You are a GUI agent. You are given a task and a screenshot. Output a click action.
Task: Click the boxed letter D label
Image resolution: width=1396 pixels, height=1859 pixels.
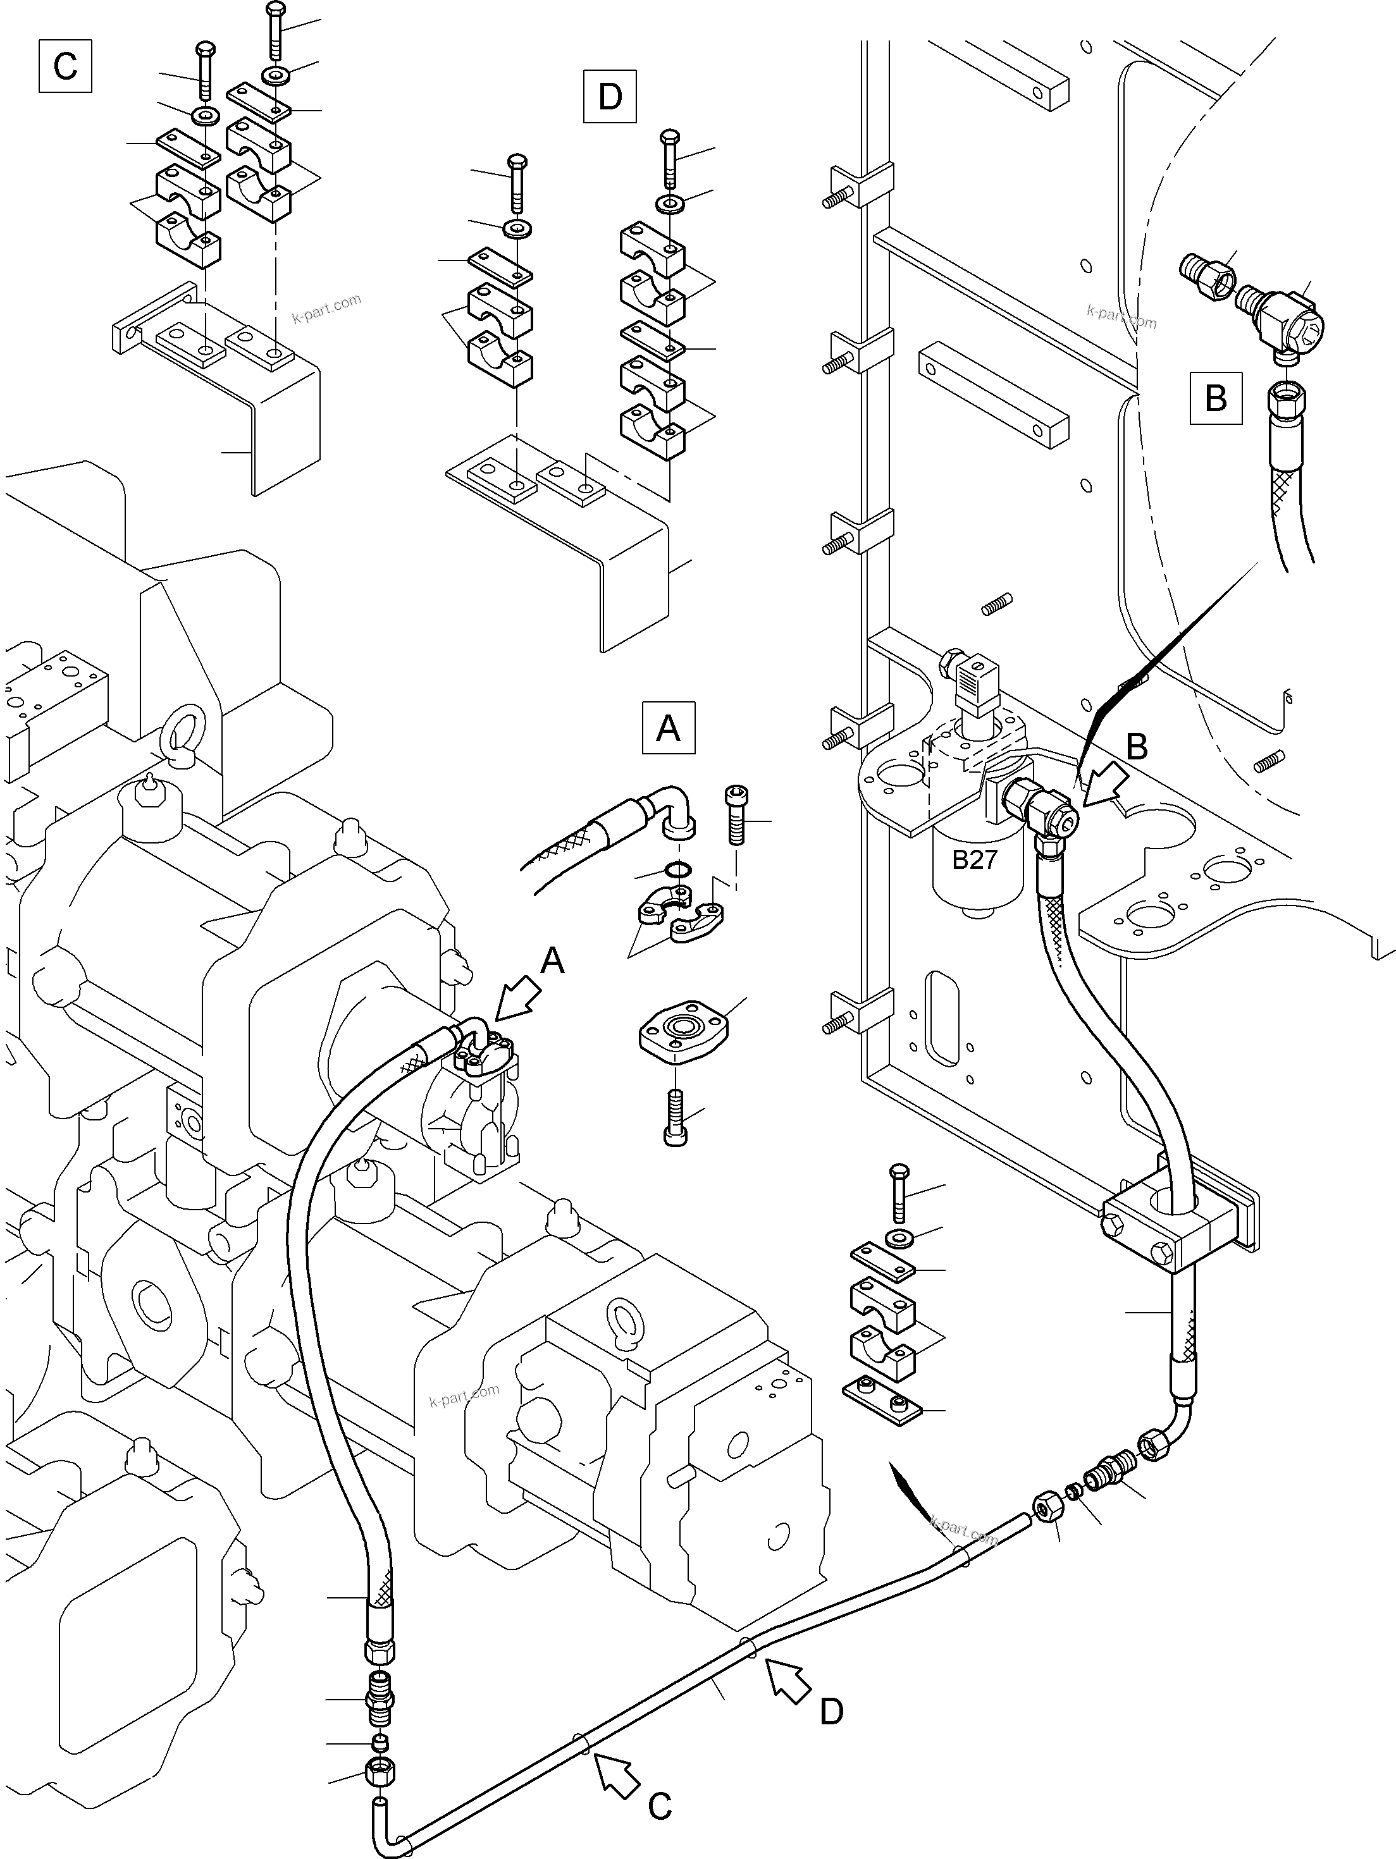609,97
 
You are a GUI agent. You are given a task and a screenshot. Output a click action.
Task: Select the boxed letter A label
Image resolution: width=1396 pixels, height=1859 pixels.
668,727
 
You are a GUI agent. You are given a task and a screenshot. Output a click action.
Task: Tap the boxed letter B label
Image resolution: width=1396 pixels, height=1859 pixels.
1215,398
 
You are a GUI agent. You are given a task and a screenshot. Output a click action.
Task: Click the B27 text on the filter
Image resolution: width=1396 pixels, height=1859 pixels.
974,860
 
